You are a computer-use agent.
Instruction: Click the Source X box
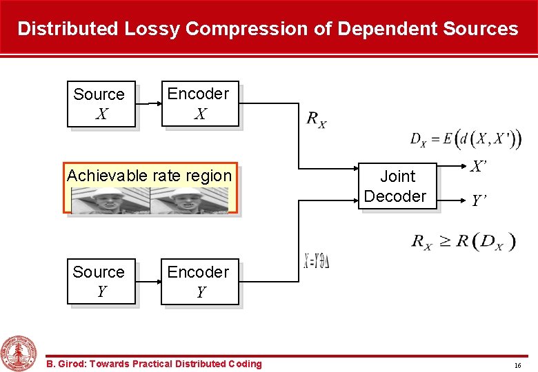(x=101, y=104)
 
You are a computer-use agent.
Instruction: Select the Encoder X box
(x=199, y=104)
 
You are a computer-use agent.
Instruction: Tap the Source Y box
(x=101, y=281)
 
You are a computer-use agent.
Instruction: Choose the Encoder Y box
(x=199, y=281)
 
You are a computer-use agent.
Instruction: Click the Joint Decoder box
(x=396, y=187)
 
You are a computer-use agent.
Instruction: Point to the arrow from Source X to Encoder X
(x=148, y=104)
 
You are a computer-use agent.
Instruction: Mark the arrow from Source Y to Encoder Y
(x=148, y=281)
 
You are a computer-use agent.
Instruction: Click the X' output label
(x=478, y=167)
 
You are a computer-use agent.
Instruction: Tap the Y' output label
(x=478, y=201)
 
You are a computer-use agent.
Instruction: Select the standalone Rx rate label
(x=317, y=120)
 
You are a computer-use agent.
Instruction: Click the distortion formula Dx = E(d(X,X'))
(x=465, y=139)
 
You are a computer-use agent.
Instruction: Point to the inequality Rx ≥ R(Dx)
(x=464, y=241)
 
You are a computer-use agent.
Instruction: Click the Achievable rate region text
(x=150, y=176)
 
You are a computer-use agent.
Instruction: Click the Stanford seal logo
(x=19, y=353)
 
